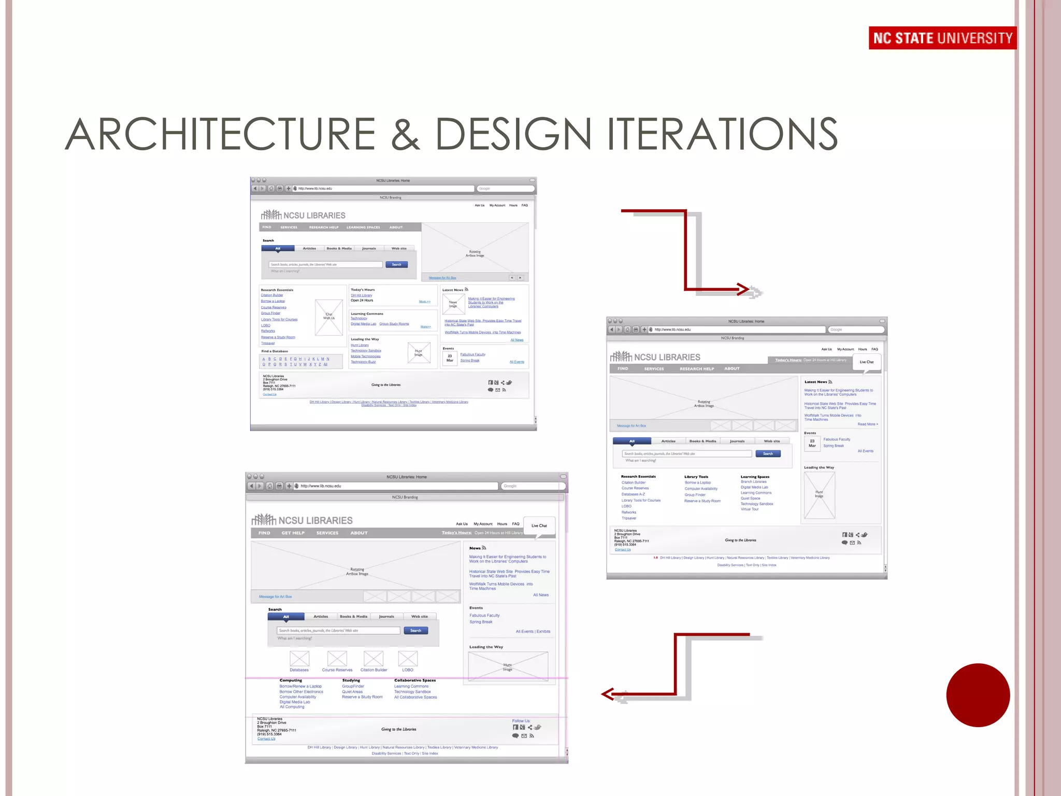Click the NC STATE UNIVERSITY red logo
tap(942, 38)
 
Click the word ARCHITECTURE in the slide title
tap(220, 134)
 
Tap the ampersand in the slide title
tap(405, 134)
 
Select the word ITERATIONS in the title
tap(722, 134)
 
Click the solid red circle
tap(978, 695)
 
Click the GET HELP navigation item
tap(293, 533)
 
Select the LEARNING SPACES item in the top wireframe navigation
tap(363, 228)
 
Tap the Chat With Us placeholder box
tap(329, 317)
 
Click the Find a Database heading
tap(275, 351)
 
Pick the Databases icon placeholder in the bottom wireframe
tap(299, 659)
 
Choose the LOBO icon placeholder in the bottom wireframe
tap(408, 659)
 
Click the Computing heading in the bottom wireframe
tap(291, 680)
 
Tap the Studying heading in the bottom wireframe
tap(351, 680)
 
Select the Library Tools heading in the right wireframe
tap(696, 477)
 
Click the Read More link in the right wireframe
tap(867, 424)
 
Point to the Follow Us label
tap(521, 721)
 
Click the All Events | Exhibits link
tap(533, 632)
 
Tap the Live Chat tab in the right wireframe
tap(866, 362)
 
